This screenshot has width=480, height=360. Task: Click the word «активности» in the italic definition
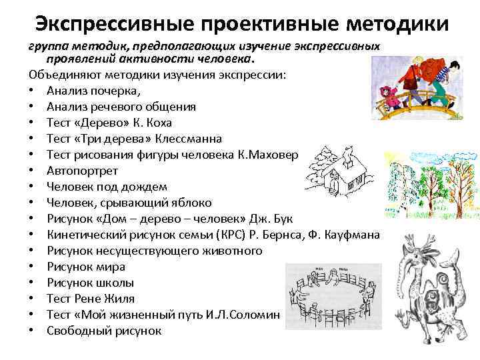[131, 59]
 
